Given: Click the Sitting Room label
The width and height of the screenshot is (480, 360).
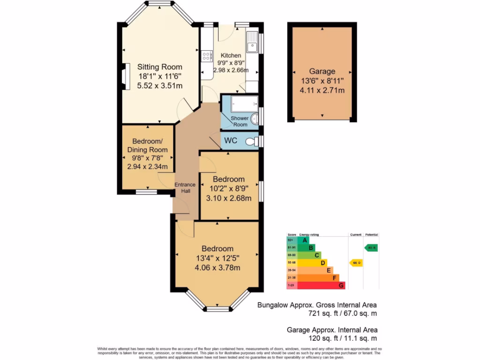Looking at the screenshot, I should coord(159,67).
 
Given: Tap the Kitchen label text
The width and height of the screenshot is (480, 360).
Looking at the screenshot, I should coord(231,55).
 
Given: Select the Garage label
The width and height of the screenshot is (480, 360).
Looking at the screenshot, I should coord(322,71).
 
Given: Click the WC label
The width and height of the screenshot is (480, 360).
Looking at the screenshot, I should coord(231,141).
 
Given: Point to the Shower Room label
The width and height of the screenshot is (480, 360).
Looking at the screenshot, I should coord(239,121).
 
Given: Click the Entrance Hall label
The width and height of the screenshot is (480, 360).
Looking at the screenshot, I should coord(185,187).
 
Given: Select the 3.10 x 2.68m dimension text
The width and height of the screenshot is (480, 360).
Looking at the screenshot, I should coord(229,198).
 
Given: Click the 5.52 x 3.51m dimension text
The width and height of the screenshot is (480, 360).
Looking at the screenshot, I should coord(159,85).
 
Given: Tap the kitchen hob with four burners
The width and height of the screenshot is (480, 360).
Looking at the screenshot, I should coord(206,57).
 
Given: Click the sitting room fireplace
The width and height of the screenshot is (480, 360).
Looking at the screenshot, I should coord(124,76).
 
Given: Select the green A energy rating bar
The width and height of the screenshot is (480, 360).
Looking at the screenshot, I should coord(303,240).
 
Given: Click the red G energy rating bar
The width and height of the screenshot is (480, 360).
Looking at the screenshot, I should coord(321,285).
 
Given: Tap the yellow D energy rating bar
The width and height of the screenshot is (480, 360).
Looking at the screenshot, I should coord(312,263).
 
